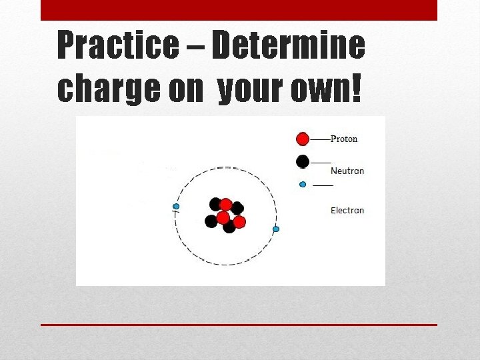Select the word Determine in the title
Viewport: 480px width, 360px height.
click(288, 46)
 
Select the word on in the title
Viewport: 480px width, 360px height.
click(185, 89)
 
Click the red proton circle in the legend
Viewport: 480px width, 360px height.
click(303, 139)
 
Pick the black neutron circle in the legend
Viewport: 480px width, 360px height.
click(303, 161)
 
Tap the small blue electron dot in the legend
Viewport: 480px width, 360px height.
click(303, 184)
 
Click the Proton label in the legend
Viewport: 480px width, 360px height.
click(344, 139)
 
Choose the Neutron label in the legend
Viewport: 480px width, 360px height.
click(347, 171)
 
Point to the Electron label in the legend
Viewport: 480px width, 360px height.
click(347, 210)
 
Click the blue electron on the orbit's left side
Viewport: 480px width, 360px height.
click(176, 207)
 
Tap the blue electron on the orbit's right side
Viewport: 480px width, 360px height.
click(276, 229)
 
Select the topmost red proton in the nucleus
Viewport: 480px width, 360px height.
click(226, 204)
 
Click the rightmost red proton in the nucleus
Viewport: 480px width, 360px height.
click(239, 221)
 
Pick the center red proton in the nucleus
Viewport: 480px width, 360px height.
click(223, 217)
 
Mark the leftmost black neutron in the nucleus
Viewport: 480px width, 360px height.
click(211, 221)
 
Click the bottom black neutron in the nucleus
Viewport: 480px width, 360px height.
click(229, 227)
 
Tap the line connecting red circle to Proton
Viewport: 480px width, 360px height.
click(320, 139)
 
